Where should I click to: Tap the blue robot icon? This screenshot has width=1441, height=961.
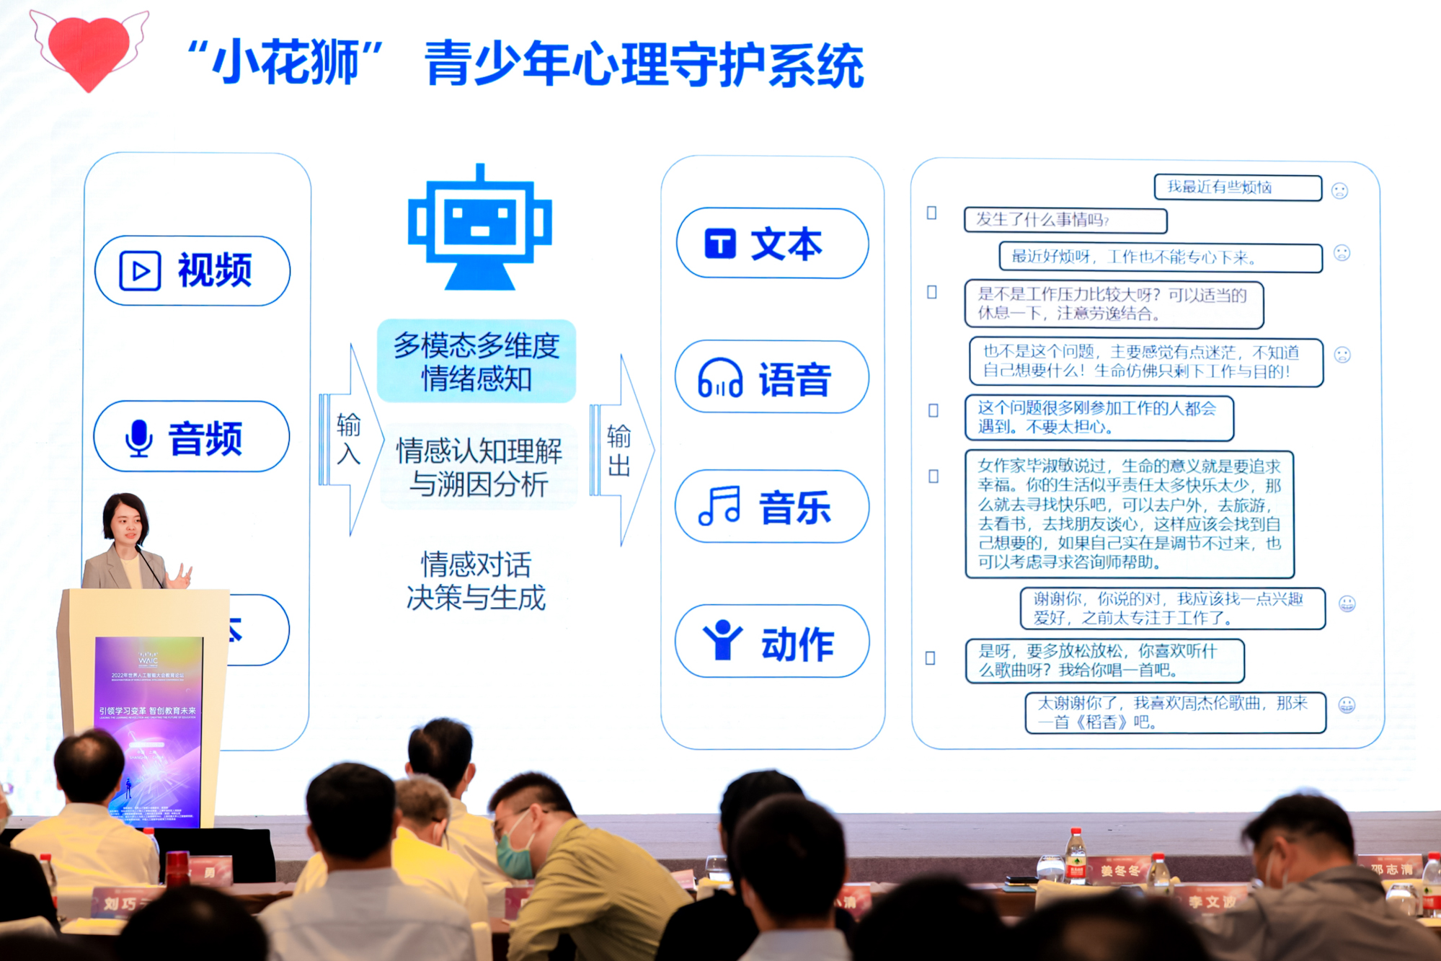480,228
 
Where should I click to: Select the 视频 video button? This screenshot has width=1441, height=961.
192,271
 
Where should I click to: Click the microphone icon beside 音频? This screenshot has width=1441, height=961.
138,438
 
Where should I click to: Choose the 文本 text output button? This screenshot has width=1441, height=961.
772,244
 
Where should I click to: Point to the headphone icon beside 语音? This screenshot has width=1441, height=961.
719,378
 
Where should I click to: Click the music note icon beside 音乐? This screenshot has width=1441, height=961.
719,506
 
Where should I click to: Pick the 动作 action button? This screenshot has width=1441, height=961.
772,642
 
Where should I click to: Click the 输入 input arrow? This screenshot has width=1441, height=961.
350,440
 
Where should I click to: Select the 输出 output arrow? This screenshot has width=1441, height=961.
620,451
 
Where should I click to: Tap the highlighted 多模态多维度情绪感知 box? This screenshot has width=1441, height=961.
476,361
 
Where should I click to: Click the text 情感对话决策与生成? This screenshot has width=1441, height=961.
476,581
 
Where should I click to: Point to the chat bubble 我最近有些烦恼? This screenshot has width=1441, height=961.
1237,187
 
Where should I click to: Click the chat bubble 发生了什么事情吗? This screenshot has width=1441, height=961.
1065,220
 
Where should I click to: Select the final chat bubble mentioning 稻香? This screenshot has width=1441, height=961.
1174,712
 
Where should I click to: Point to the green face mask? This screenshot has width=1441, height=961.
514,854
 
